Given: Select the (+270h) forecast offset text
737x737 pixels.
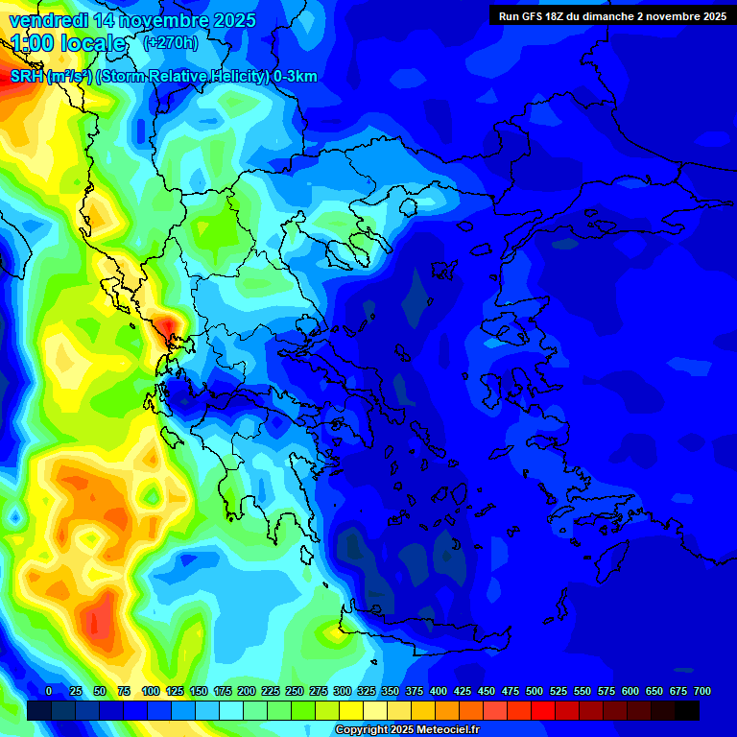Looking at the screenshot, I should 171,42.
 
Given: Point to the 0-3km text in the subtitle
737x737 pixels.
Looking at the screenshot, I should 295,77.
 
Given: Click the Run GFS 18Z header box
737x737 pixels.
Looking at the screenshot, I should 612,15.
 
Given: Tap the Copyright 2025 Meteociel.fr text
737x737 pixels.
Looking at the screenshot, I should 407,730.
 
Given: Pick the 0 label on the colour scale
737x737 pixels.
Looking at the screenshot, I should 49,691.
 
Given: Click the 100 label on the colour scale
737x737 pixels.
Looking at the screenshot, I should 151,691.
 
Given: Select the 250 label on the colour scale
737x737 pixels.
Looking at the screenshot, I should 295,691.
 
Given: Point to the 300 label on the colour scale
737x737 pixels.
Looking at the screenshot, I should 343,691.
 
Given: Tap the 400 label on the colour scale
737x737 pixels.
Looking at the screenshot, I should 439,691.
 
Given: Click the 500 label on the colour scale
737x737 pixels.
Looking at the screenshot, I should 535,691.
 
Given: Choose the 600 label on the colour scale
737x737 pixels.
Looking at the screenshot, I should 630,691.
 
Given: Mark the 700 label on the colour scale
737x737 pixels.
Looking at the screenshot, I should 702,691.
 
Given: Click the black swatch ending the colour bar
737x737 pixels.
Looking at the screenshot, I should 687,710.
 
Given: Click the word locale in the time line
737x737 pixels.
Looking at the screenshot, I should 93,43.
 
